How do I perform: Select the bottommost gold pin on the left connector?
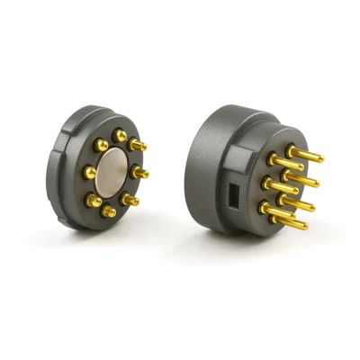(110, 211)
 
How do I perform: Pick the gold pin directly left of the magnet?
(90, 171)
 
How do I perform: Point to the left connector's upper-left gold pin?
(100, 144)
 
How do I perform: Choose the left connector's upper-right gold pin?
(137, 144)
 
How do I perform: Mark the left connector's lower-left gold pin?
(94, 200)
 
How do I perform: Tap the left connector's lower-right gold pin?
(131, 200)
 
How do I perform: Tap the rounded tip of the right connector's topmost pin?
(320, 159)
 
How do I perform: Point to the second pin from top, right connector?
(288, 165)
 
